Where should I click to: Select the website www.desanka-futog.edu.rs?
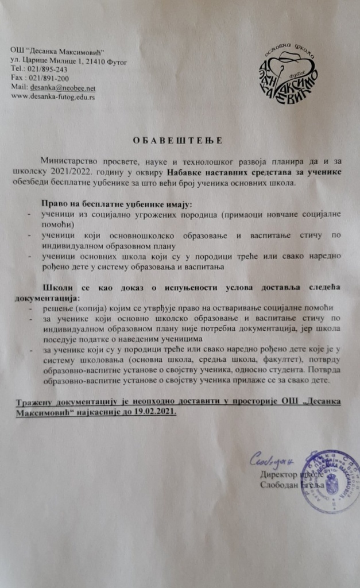[53, 96]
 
